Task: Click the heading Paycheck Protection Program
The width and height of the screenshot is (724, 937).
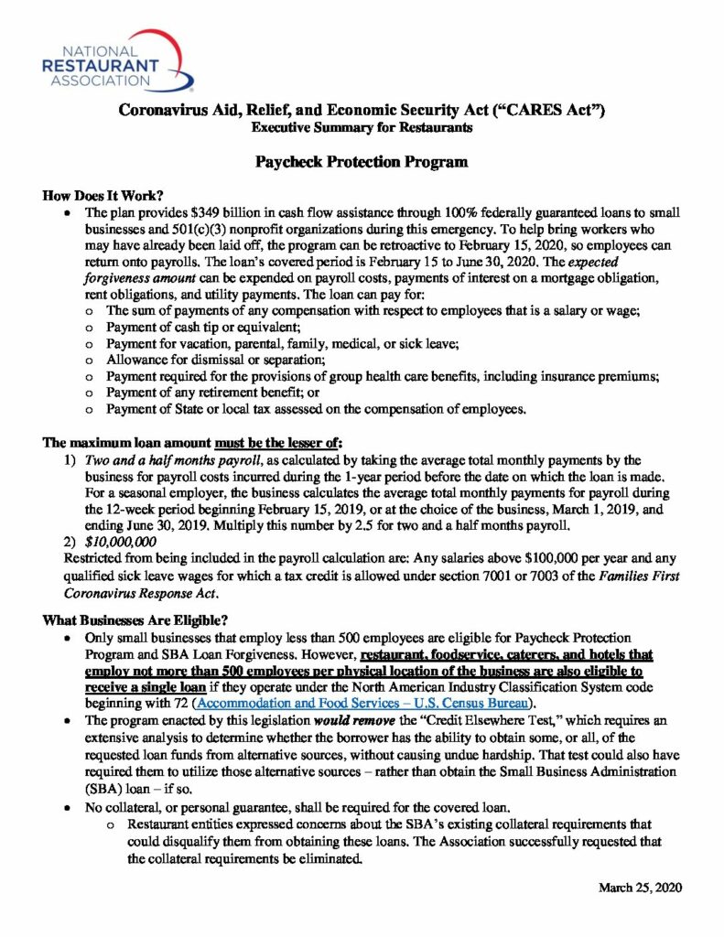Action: coord(362,162)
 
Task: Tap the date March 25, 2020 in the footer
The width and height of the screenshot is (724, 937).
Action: coord(640,888)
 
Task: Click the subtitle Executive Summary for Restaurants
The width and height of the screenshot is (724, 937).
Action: coord(362,128)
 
